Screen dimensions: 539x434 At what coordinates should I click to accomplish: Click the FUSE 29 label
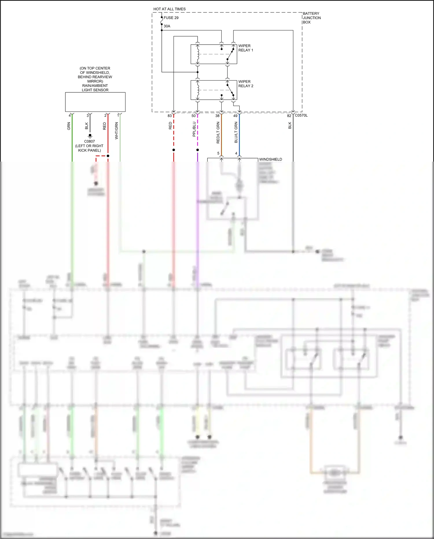click(171, 18)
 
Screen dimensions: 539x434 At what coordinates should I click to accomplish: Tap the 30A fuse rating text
click(167, 26)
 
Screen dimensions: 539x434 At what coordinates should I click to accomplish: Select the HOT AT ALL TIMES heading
click(169, 9)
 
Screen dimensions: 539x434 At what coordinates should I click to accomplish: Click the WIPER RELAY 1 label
click(246, 48)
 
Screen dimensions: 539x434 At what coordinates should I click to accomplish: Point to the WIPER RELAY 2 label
click(246, 84)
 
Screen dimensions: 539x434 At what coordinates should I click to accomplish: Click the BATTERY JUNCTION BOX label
click(312, 18)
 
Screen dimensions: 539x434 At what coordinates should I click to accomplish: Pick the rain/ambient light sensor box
click(95, 102)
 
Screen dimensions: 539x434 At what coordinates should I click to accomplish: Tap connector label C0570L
click(301, 115)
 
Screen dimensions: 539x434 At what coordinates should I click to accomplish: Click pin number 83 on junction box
click(170, 116)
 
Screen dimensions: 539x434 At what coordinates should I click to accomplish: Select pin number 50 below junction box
click(194, 116)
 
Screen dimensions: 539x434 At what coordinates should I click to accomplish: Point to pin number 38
click(217, 116)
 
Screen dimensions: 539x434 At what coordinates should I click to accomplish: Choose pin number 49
click(235, 116)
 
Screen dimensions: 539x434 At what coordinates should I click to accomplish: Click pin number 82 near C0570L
click(289, 116)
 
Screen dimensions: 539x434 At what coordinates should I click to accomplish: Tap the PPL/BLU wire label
click(194, 129)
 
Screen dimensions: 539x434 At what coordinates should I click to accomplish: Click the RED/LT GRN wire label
click(218, 133)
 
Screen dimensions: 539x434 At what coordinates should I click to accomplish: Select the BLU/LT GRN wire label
click(236, 132)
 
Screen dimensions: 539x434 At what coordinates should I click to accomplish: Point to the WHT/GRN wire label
click(116, 131)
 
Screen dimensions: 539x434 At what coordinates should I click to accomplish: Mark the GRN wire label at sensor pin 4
click(69, 126)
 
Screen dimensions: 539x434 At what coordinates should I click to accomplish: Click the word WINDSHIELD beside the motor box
click(271, 159)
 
